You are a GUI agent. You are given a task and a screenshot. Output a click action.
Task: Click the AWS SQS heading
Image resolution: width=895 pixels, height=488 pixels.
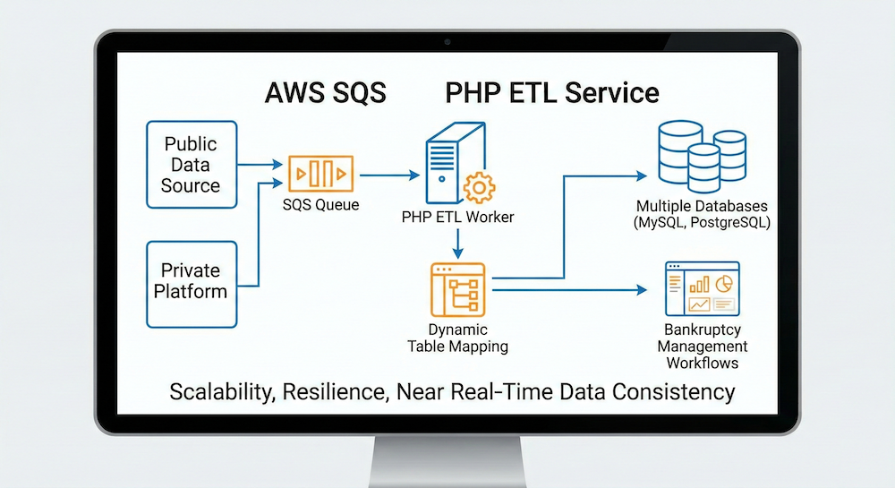[326, 92]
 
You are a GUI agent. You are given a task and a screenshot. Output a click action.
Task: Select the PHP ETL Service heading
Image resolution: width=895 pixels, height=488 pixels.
[551, 92]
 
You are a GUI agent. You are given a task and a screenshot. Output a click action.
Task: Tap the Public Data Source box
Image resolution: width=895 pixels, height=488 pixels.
[191, 165]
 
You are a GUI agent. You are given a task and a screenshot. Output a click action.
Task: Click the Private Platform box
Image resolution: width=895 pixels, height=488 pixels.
[191, 280]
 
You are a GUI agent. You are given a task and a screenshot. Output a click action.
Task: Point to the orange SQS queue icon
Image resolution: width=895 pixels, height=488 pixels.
[320, 173]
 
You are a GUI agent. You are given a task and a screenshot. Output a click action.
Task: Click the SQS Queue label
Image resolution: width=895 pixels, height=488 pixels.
[320, 205]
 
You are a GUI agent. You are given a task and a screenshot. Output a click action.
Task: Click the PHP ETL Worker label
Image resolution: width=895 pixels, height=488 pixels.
[458, 218]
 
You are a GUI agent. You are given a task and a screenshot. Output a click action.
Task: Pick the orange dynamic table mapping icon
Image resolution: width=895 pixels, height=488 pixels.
[457, 287]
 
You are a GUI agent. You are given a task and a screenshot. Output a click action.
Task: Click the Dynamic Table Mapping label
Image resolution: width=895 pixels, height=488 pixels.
[457, 338]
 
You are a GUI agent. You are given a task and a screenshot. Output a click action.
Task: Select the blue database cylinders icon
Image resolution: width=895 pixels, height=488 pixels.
[702, 152]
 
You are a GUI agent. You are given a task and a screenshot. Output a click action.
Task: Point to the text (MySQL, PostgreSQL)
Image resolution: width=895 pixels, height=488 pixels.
[702, 222]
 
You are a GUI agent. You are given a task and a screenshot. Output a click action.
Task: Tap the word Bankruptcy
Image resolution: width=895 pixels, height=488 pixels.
[702, 330]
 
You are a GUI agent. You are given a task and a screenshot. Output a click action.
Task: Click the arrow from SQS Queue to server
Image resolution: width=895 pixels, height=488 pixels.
[390, 173]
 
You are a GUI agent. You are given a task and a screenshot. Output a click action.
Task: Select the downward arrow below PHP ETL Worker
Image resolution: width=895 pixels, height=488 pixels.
[457, 242]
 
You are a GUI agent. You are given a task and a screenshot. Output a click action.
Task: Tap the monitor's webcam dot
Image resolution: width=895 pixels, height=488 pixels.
[447, 41]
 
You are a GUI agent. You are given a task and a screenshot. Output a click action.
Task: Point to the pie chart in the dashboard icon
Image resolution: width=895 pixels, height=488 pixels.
[725, 283]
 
